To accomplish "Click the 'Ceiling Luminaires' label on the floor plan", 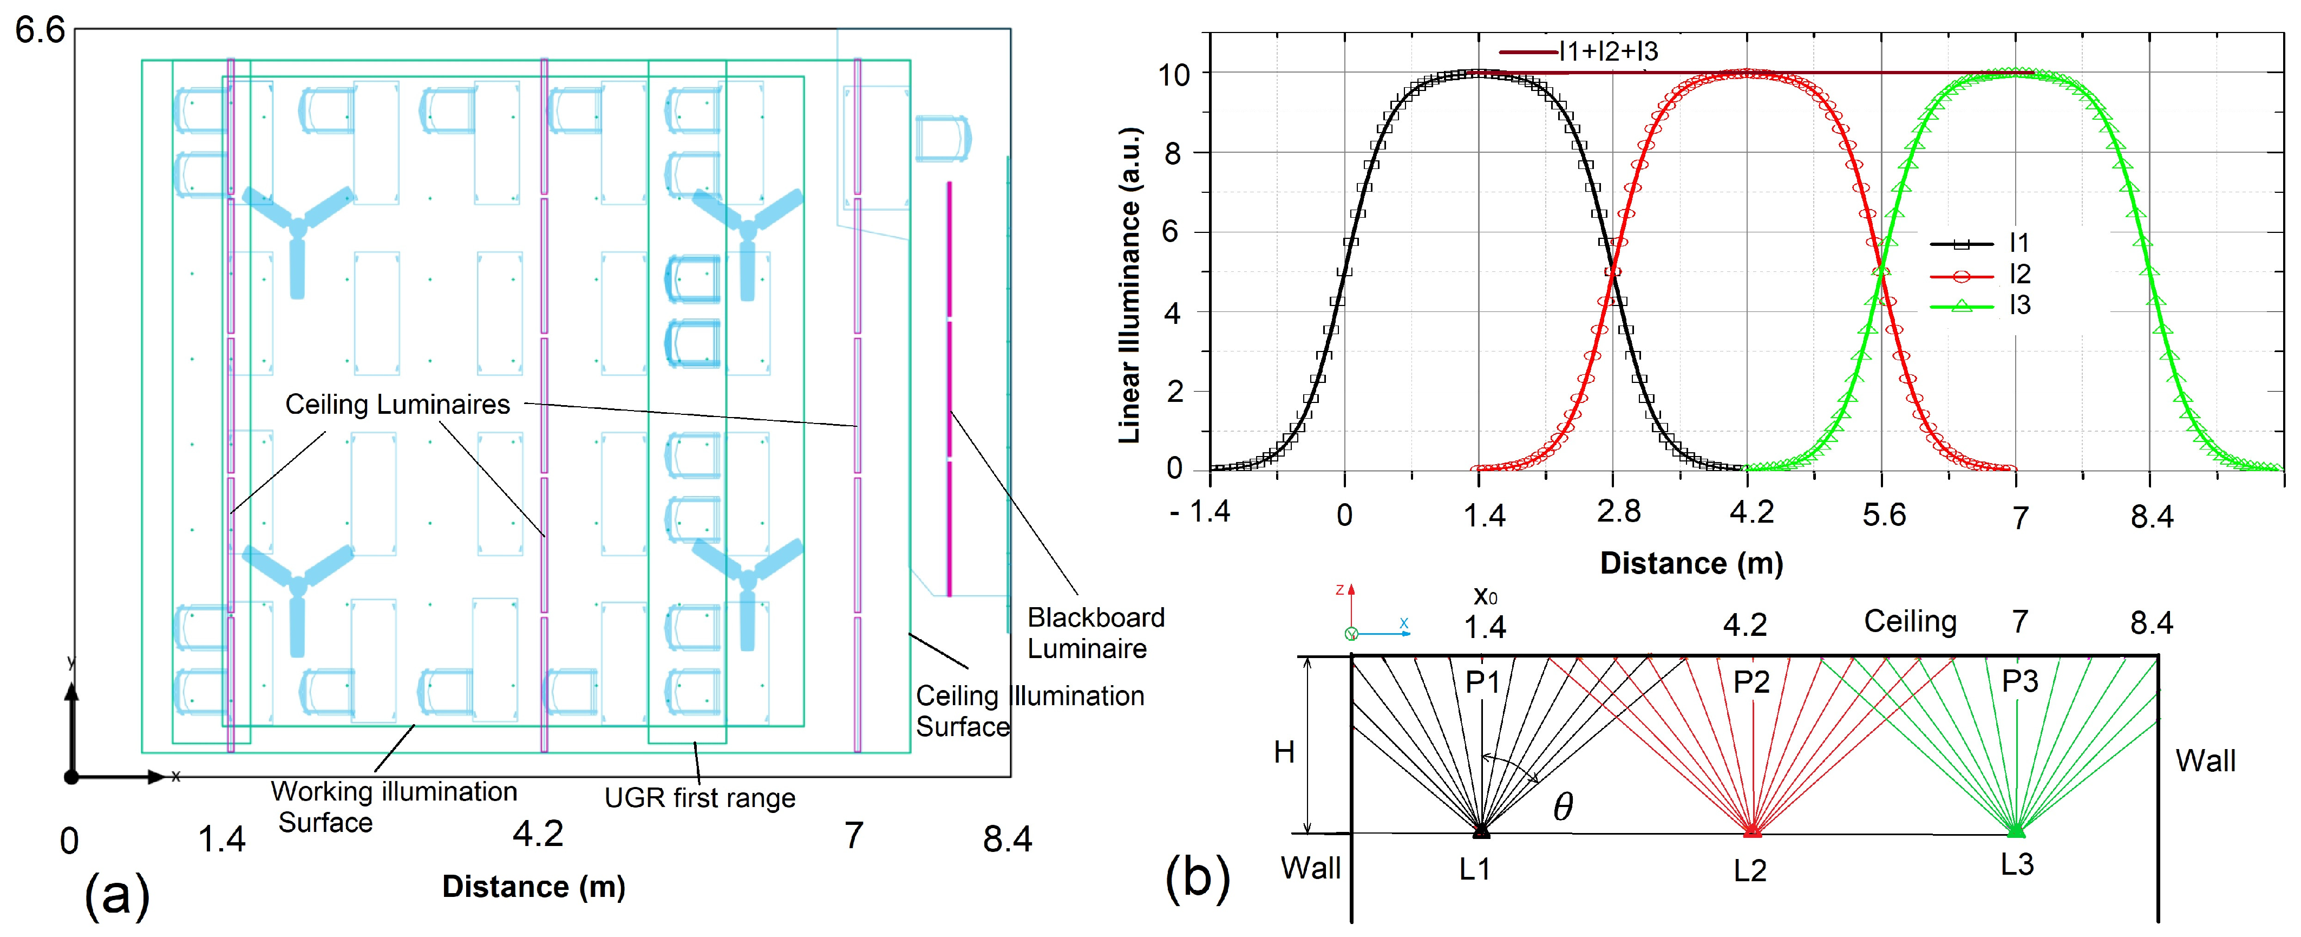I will [x=397, y=405].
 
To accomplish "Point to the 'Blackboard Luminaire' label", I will [x=1095, y=633].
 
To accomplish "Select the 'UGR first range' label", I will [x=700, y=798].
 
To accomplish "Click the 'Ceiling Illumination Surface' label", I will [x=1029, y=711].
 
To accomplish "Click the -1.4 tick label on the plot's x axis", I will [x=1200, y=512].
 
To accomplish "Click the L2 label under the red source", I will [x=1749, y=871].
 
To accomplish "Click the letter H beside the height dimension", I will [x=1284, y=753].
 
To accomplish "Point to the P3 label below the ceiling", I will [x=2019, y=681].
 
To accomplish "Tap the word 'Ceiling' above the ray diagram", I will [x=1910, y=622].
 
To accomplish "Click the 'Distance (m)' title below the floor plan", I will [x=533, y=887].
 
